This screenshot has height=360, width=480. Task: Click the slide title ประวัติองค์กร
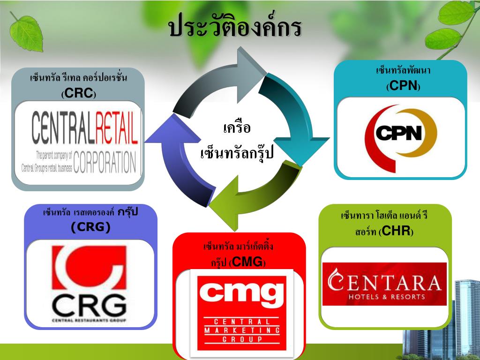(x=235, y=28)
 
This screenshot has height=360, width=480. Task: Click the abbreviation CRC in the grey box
(x=78, y=93)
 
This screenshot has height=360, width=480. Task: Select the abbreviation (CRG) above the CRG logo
(x=90, y=227)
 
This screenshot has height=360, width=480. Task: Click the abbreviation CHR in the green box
(x=396, y=231)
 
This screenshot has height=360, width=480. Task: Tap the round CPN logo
(x=400, y=134)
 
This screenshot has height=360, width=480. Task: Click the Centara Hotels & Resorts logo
(x=384, y=284)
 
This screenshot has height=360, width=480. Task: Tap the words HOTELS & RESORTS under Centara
(x=384, y=296)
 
